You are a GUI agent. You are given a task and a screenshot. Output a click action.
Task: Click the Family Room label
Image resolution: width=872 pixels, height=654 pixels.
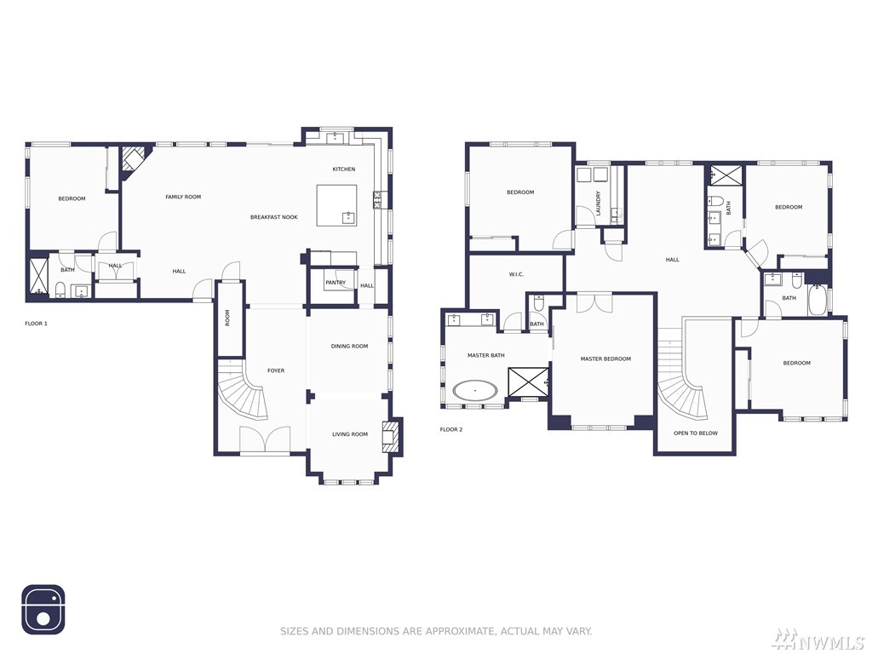(x=183, y=197)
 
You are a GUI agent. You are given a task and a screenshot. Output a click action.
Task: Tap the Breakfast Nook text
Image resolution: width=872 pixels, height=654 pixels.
(x=273, y=217)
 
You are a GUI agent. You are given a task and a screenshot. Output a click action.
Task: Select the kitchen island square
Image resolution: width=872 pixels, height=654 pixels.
(x=336, y=205)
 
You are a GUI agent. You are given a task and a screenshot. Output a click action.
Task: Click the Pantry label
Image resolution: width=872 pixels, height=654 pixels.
(x=336, y=283)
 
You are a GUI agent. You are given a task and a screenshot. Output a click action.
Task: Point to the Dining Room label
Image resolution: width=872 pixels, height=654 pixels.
(x=349, y=347)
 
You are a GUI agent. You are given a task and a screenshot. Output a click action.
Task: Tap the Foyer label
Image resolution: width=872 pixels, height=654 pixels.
(x=276, y=371)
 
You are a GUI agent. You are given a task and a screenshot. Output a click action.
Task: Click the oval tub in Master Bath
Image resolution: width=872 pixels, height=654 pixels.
(x=475, y=390)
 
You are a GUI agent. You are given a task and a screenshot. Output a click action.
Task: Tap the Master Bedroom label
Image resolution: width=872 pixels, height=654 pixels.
(x=605, y=359)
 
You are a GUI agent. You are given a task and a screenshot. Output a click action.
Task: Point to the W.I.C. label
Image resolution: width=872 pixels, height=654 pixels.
(x=516, y=275)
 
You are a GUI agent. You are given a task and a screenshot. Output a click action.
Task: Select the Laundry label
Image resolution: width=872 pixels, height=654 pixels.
(x=599, y=204)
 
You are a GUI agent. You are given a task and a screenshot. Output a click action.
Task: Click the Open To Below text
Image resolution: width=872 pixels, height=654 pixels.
(x=696, y=433)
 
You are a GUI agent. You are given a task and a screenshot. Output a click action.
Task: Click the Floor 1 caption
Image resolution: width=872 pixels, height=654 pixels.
(x=36, y=324)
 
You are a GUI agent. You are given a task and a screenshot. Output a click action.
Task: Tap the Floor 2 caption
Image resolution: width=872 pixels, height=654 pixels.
(x=451, y=430)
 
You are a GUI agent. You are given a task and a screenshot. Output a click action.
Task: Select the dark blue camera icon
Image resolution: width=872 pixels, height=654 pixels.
(x=43, y=610)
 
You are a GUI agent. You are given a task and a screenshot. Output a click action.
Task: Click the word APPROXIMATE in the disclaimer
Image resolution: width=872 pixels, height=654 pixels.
(x=461, y=631)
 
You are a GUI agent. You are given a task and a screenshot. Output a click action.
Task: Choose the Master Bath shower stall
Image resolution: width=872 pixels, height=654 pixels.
(x=528, y=381)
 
